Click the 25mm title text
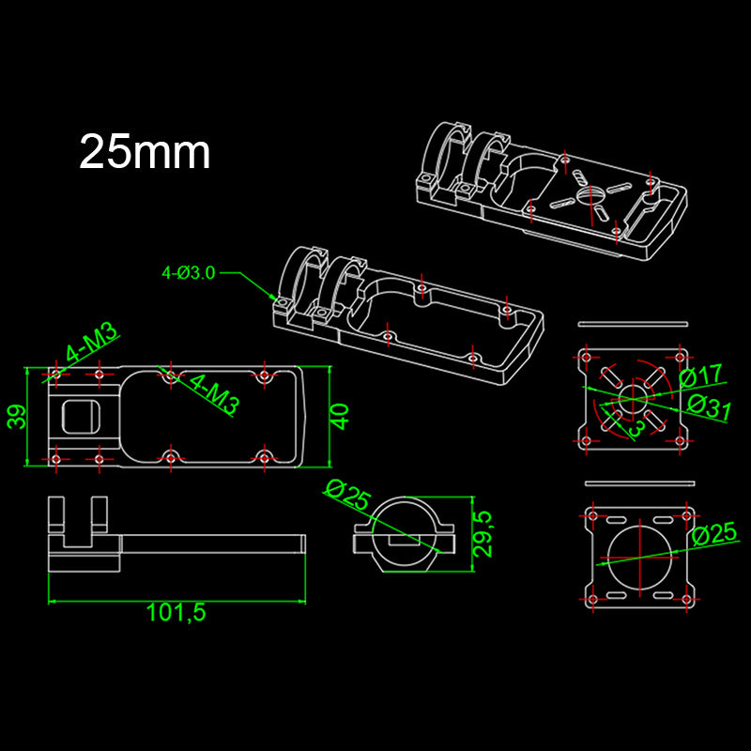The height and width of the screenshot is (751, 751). click(145, 152)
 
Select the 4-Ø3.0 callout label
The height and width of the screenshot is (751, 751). click(189, 273)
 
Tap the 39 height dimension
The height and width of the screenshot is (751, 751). click(17, 416)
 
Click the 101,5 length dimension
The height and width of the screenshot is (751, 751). click(176, 613)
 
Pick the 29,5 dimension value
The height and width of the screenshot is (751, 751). click(482, 534)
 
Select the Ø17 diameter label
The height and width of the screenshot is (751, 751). click(702, 376)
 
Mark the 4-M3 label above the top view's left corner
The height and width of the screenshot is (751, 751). click(91, 344)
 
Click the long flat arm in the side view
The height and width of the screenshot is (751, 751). click(211, 543)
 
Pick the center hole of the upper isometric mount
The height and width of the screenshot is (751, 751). click(590, 194)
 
